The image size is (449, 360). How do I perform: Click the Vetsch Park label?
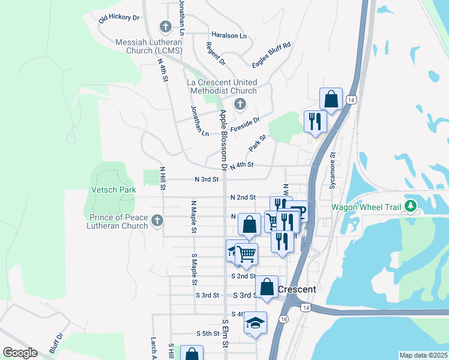(113, 190)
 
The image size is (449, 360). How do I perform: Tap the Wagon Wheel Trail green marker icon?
(411, 207)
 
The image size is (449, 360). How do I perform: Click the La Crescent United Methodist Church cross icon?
(240, 104)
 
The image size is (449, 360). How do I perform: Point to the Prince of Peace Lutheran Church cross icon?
(157, 221)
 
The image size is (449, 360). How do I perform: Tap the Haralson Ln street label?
(229, 35)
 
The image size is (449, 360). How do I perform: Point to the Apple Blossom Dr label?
(223, 139)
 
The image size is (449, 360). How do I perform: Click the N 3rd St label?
(206, 179)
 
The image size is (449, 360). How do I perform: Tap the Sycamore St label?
(333, 172)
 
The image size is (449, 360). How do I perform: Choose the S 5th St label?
(208, 334)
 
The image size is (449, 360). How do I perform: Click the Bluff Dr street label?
(56, 344)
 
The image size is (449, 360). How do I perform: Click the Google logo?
(20, 353)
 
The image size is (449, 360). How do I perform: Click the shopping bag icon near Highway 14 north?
(331, 98)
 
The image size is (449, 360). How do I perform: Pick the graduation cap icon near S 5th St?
(255, 323)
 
